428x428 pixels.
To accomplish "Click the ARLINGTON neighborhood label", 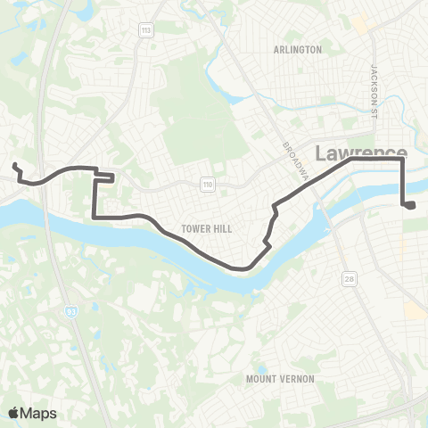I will point(299,50).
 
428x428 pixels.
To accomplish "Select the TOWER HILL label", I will point(207,229).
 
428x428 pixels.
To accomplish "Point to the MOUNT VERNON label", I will point(280,379).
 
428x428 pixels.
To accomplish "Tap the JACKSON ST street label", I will point(375,89).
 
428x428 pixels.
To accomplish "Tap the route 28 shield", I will point(346,280).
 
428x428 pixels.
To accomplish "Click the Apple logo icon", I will point(13,412).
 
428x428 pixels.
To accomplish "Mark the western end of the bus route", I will point(14,165).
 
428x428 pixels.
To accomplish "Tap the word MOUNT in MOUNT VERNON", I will point(263,379).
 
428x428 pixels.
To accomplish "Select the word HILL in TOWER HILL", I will point(222,229).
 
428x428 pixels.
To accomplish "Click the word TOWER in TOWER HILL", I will point(196,229).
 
